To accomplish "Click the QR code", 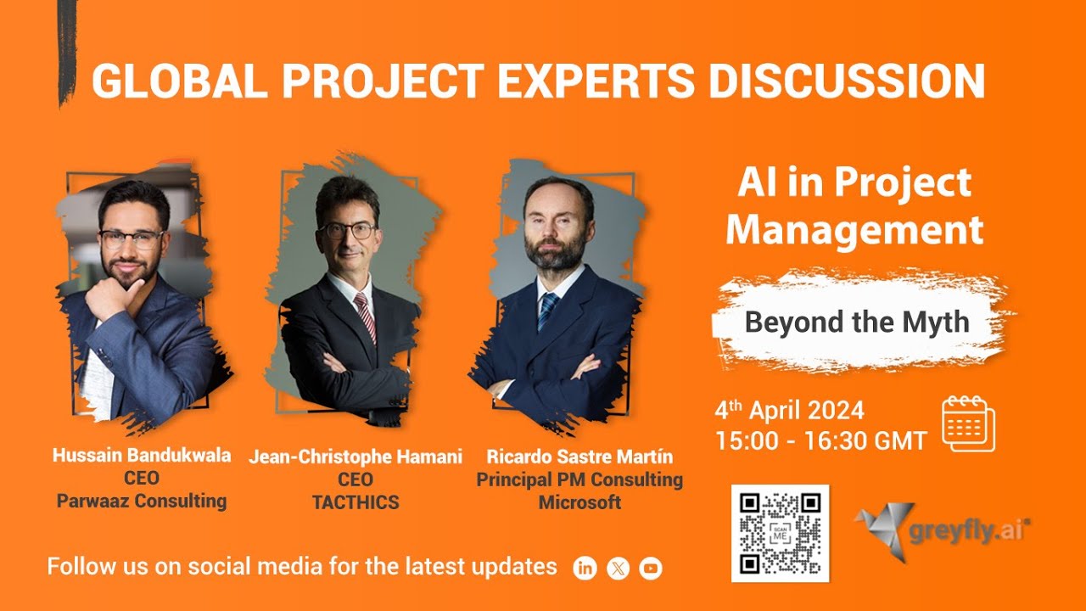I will coord(780,533).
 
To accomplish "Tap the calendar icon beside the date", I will coord(968,424).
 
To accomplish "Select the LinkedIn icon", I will coord(585,569).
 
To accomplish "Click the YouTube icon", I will coord(651,569).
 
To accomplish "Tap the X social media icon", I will coord(618,569).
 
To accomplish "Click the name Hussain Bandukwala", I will coord(142,456).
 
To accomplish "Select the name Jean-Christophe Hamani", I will coord(355,457).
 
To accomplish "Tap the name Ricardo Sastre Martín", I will coord(579,457).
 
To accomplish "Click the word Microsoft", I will coord(579,502).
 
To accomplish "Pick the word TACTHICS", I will coord(355,502).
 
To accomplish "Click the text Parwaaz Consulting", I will coord(142,501).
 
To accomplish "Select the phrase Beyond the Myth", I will coord(856,322).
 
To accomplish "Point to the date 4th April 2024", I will coord(789,412).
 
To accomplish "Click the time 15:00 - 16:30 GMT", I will coord(820,440).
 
